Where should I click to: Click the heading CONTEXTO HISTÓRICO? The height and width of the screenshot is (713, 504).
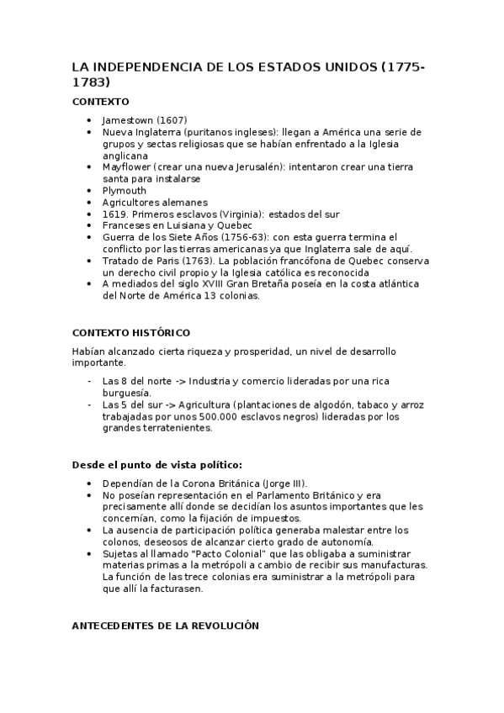point(130,332)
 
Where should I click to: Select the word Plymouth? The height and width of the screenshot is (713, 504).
point(124,191)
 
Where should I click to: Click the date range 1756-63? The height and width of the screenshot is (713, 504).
point(254,238)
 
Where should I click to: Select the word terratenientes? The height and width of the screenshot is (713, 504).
point(173,427)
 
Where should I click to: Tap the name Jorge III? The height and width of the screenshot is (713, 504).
point(284,483)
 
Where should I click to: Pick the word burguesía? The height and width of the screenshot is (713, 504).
point(126,392)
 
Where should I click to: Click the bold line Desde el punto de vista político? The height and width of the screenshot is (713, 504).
point(158,464)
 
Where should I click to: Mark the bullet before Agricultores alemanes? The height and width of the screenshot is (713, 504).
point(90,203)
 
